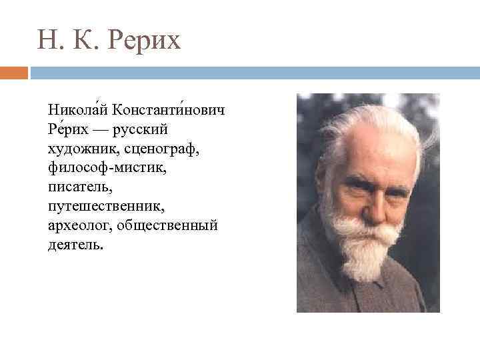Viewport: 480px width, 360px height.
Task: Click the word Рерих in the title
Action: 145,41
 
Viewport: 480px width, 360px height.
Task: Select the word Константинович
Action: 168,109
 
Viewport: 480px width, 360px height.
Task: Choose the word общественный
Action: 167,225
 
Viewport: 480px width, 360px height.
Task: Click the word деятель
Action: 75,244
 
